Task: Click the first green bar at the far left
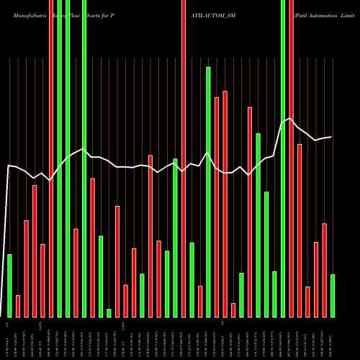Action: [x=9, y=285]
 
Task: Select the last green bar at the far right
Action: [x=333, y=295]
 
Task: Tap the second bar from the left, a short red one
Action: [x=18, y=306]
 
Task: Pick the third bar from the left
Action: [x=26, y=268]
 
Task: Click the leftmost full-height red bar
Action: [x=51, y=158]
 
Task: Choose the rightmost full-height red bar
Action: [x=291, y=158]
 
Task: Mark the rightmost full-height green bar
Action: [x=283, y=158]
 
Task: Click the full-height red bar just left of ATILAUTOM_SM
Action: [x=184, y=158]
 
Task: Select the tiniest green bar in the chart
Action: [x=109, y=312]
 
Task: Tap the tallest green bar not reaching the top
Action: [x=208, y=192]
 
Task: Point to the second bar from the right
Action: [x=324, y=270]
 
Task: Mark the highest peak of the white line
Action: [x=289, y=119]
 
